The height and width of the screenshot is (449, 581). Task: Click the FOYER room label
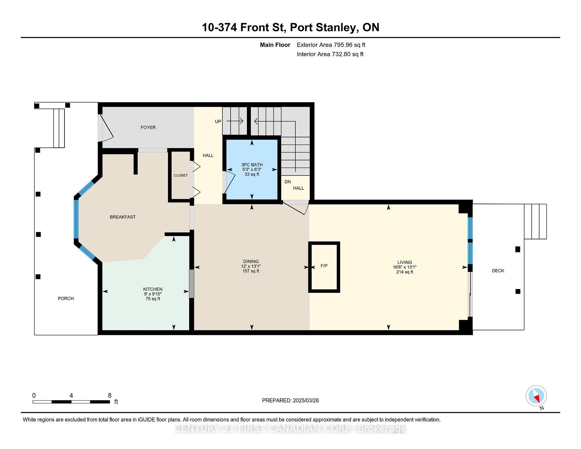(x=148, y=127)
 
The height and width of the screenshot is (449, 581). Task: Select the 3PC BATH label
(x=252, y=165)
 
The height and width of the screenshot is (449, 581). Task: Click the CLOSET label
(x=181, y=175)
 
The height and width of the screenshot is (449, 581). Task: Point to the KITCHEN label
(x=153, y=289)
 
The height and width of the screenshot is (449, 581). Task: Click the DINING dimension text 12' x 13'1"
(x=251, y=266)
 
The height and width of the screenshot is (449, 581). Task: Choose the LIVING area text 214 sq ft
(x=405, y=272)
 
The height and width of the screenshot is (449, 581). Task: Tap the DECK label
(x=498, y=271)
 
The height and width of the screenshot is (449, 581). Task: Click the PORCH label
(x=66, y=299)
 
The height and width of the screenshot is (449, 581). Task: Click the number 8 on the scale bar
(x=110, y=395)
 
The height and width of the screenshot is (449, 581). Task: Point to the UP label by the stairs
(x=218, y=122)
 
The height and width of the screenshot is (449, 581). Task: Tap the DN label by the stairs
(x=287, y=182)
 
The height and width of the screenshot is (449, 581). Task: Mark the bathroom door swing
(x=229, y=182)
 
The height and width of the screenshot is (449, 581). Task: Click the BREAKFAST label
(x=123, y=217)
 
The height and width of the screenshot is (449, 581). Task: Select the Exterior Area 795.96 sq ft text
(x=331, y=45)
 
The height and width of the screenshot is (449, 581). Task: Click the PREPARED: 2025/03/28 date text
(x=290, y=401)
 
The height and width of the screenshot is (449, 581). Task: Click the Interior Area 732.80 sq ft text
(x=330, y=54)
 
